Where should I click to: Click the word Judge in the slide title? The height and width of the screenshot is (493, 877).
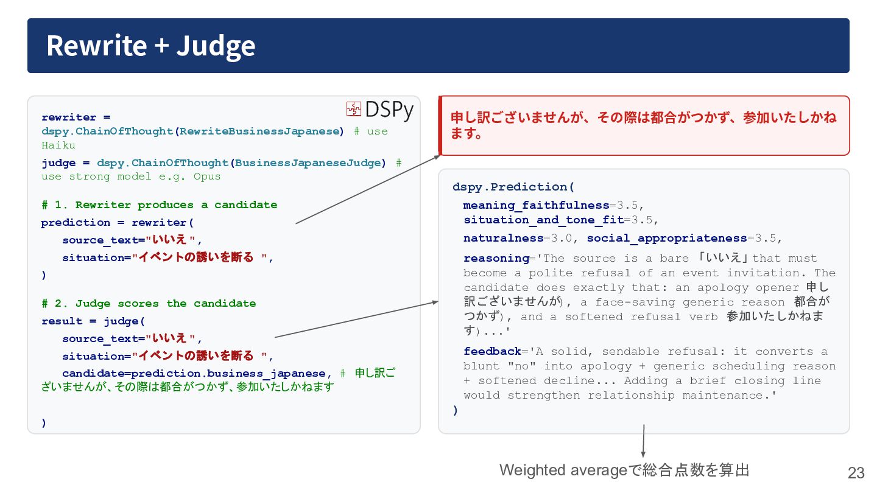(216, 47)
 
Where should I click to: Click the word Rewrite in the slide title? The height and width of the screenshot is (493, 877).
(97, 46)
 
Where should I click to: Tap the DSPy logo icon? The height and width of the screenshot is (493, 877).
(353, 109)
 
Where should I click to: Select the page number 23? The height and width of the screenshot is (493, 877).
(856, 473)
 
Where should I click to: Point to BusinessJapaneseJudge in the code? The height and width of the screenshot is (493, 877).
(308, 163)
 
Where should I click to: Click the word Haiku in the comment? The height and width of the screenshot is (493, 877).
(58, 145)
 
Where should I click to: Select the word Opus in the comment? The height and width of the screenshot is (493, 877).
(207, 177)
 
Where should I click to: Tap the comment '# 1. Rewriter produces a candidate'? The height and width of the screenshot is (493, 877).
(160, 205)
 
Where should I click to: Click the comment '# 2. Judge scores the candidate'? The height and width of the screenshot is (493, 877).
(149, 303)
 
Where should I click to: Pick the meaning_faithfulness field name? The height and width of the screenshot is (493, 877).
(536, 205)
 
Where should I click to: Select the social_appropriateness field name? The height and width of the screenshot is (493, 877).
(667, 238)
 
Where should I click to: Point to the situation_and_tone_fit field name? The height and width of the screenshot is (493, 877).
(544, 220)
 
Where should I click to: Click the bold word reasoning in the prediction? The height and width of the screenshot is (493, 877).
(496, 258)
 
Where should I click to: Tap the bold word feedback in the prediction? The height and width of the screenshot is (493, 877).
(493, 351)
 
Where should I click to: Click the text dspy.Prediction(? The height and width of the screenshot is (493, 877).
(513, 187)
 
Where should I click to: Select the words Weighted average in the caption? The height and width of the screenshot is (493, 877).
(563, 470)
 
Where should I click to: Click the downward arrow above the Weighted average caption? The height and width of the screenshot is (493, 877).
(643, 441)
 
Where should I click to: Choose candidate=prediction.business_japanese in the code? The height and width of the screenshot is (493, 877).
(194, 373)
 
